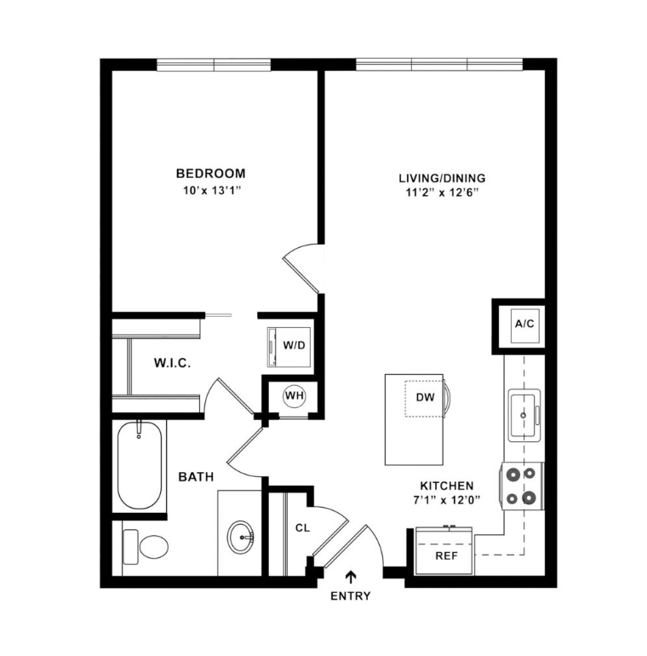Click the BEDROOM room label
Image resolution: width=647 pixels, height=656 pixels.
pyautogui.click(x=210, y=173)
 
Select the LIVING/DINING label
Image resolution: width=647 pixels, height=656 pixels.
pyautogui.click(x=442, y=178)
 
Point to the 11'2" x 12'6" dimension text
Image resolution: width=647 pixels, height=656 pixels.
pyautogui.click(x=442, y=193)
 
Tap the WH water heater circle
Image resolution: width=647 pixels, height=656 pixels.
pyautogui.click(x=294, y=395)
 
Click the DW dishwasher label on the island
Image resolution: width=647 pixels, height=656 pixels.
pyautogui.click(x=426, y=398)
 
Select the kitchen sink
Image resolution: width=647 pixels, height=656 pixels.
pyautogui.click(x=524, y=414)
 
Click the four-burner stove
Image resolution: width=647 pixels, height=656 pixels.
pyautogui.click(x=521, y=486)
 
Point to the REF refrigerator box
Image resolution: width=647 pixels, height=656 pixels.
pyautogui.click(x=446, y=555)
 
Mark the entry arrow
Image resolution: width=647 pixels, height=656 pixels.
pyautogui.click(x=350, y=579)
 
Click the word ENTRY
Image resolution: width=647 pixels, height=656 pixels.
pyautogui.click(x=350, y=596)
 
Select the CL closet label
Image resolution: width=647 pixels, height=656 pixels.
pyautogui.click(x=301, y=528)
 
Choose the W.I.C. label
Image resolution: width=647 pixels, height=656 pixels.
pyautogui.click(x=172, y=364)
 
